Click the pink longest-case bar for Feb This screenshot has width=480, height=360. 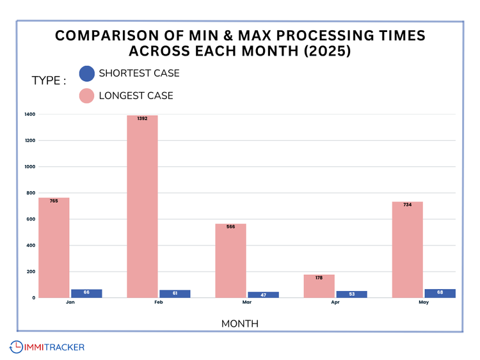point(142,207)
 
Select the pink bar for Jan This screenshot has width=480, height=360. point(54,247)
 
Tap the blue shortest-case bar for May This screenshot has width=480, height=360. point(440,293)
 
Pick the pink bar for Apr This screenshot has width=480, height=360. point(319,286)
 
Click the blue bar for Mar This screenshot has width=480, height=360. point(263,295)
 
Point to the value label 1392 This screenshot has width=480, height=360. point(142,119)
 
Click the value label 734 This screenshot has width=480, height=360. point(407,205)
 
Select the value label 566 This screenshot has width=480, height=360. point(230,226)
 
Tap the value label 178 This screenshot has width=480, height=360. point(319,278)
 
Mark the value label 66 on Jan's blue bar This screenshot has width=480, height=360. point(86,292)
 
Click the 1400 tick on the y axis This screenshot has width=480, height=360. point(29,114)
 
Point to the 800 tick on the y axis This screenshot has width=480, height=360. point(31,193)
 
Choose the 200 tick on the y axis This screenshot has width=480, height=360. point(31,272)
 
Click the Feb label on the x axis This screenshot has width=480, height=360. point(158,302)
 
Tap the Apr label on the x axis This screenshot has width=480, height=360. point(335,302)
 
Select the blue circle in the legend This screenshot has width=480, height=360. point(87,74)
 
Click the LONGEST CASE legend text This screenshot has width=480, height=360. point(136,96)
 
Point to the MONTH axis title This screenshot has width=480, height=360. point(239,324)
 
